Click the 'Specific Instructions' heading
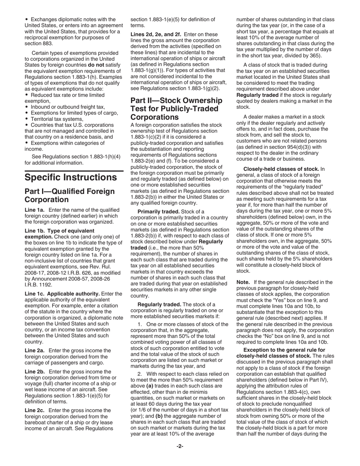71,177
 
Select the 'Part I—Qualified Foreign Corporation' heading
69,195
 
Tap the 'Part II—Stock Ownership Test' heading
176,109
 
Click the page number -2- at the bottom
180,446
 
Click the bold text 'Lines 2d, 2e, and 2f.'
155,34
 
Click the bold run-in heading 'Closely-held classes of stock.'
281,169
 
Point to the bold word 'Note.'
243,282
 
